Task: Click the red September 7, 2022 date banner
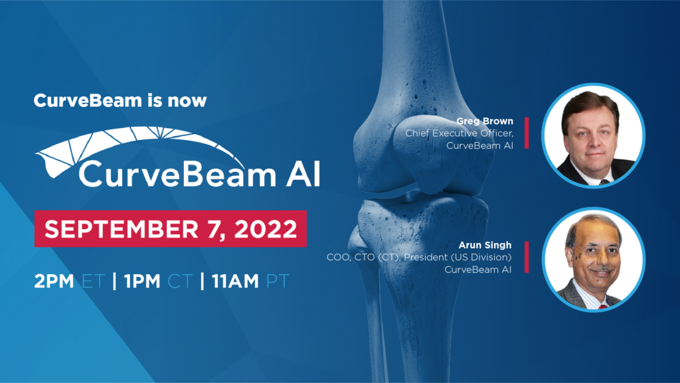[x=170, y=229]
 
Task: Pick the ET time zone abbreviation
[x=94, y=280]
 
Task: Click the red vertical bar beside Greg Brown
[x=527, y=133]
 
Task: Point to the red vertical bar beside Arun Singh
[x=527, y=257]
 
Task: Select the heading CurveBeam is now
[x=120, y=102]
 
